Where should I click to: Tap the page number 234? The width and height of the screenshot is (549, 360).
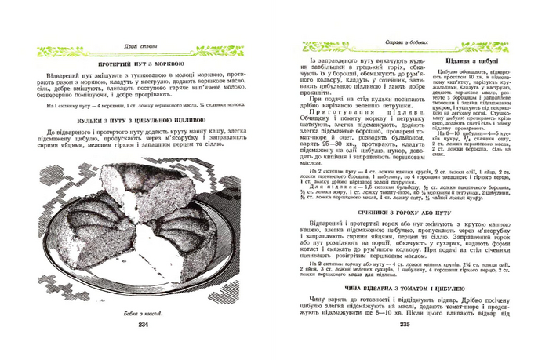tap(143, 324)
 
